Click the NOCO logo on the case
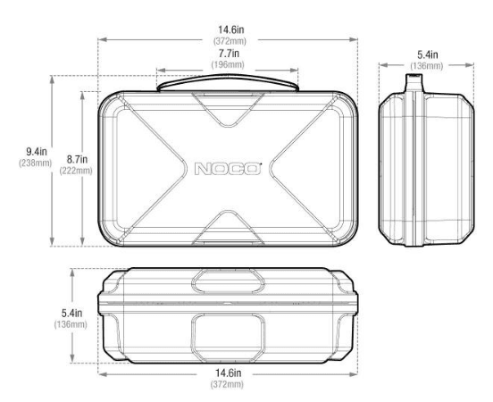228,169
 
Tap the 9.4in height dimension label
37,152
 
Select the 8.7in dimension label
77,159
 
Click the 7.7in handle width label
229,54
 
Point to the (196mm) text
228,65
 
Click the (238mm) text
35,163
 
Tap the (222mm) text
76,171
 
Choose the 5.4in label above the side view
427,54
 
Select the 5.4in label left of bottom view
71,313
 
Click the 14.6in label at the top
231,29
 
